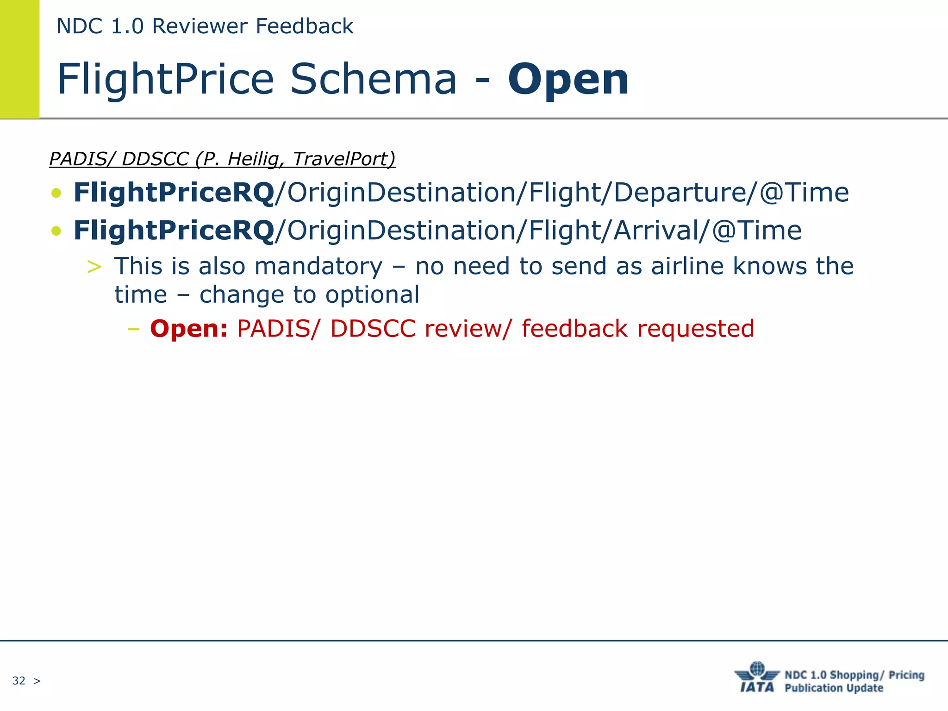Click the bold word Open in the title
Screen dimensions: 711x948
tap(568, 80)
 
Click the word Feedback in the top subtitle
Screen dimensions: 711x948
tap(305, 26)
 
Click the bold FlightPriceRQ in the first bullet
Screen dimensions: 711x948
tap(174, 193)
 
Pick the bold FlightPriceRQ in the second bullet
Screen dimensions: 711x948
tap(174, 231)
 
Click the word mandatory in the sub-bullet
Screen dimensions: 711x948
tap(318, 267)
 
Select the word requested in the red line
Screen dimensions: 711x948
tap(695, 329)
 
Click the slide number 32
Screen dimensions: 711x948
tap(19, 680)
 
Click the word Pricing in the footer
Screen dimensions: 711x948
tap(906, 675)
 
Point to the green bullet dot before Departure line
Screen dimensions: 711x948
tap(56, 193)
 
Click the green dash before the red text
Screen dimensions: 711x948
tap(133, 329)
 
